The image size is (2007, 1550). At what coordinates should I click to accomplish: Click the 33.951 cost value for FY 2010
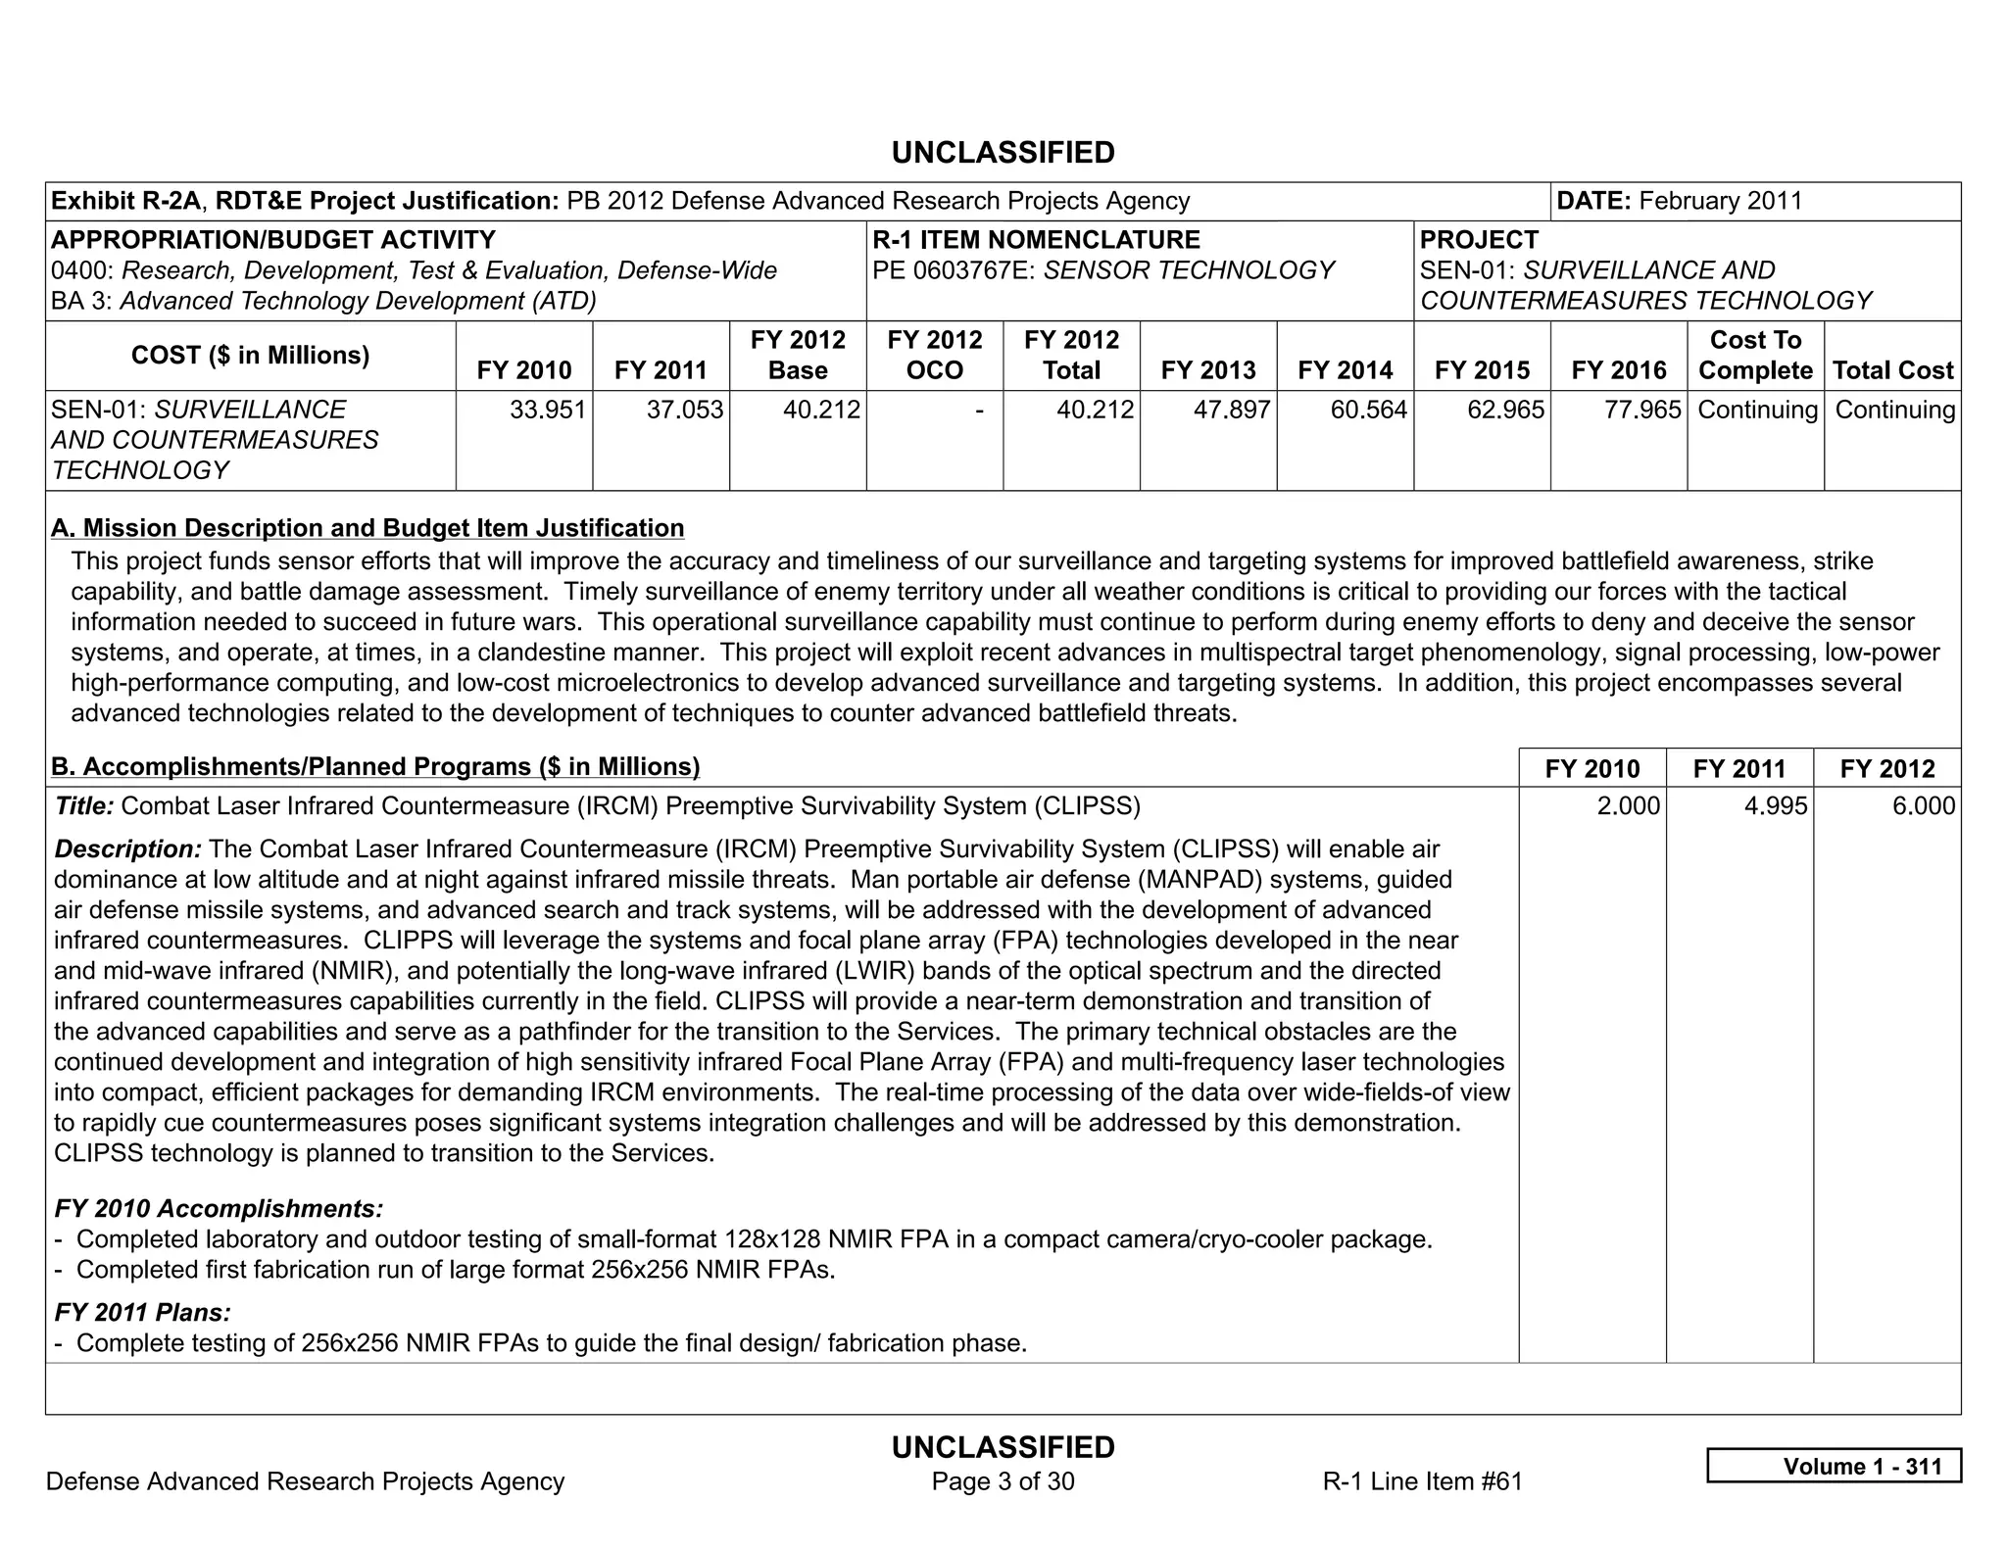pyautogui.click(x=548, y=410)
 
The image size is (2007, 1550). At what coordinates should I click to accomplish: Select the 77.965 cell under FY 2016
pyautogui.click(x=1642, y=410)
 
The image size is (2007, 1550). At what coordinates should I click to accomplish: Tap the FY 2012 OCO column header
pyautogui.click(x=934, y=355)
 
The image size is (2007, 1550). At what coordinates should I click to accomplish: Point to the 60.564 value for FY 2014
pyautogui.click(x=1368, y=410)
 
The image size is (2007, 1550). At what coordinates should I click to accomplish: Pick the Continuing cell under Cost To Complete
pyautogui.click(x=1757, y=410)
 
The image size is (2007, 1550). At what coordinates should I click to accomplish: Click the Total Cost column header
pyautogui.click(x=1892, y=370)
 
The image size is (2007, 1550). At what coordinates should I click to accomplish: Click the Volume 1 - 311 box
pyautogui.click(x=1834, y=1466)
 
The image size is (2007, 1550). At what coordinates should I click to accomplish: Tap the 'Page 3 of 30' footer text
pyautogui.click(x=1003, y=1481)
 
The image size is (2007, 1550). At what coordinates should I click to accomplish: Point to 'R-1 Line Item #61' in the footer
pyautogui.click(x=1422, y=1481)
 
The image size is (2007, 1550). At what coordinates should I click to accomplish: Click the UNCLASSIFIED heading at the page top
pyautogui.click(x=1003, y=153)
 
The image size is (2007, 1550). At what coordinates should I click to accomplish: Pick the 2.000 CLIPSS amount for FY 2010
pyautogui.click(x=1628, y=806)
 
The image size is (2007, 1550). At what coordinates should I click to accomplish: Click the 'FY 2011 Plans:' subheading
pyautogui.click(x=143, y=1312)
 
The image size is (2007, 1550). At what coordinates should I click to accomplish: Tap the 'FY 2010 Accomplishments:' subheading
pyautogui.click(x=219, y=1208)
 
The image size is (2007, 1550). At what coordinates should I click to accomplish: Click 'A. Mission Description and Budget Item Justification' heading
pyautogui.click(x=367, y=528)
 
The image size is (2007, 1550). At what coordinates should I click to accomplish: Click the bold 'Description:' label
pyautogui.click(x=128, y=848)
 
